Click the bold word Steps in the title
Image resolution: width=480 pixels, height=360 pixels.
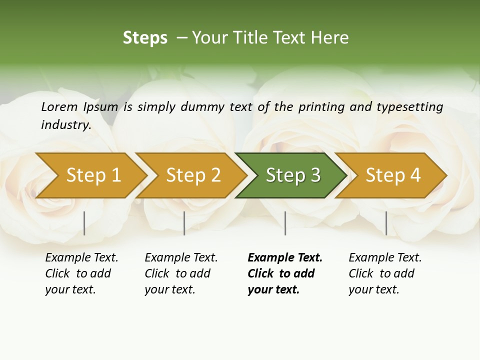[x=145, y=38]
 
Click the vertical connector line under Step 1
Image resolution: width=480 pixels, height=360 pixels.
[x=84, y=223]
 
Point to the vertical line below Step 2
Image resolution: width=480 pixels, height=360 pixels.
[x=184, y=223]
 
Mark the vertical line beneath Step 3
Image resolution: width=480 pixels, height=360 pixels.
[x=285, y=223]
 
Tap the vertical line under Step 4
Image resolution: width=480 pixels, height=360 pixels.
[x=386, y=223]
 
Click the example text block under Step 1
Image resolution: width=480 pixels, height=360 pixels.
[x=81, y=273]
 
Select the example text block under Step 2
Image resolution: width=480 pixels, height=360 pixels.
[x=181, y=273]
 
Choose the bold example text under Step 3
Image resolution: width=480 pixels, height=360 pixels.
[x=285, y=273]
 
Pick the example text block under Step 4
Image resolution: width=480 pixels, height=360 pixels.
[x=385, y=273]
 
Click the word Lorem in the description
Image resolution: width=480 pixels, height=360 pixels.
[x=59, y=106]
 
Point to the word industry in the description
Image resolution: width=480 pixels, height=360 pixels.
[x=66, y=124]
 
